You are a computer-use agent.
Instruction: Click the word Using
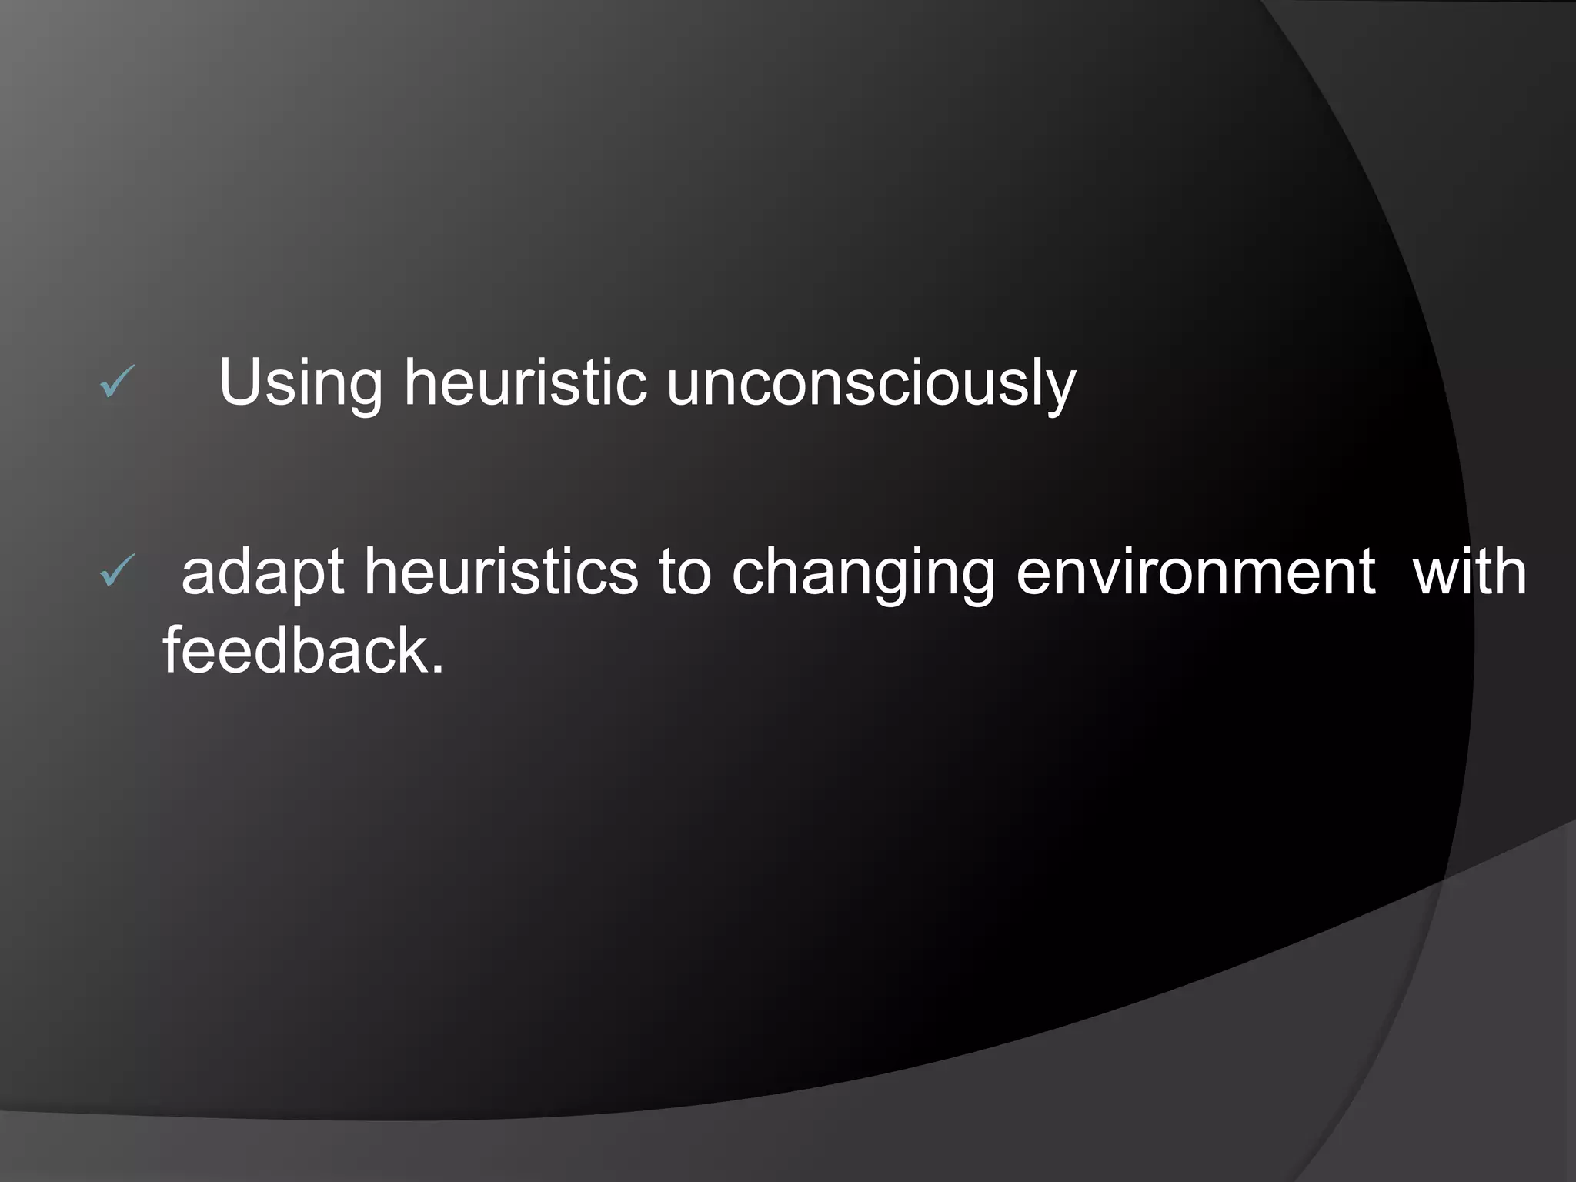pos(300,383)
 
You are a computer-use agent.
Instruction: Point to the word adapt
pos(262,573)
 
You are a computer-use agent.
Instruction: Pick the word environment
pos(1195,573)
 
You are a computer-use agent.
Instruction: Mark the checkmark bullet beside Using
pos(117,382)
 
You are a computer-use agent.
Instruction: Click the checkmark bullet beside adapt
pos(117,572)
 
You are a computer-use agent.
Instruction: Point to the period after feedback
pos(438,669)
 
